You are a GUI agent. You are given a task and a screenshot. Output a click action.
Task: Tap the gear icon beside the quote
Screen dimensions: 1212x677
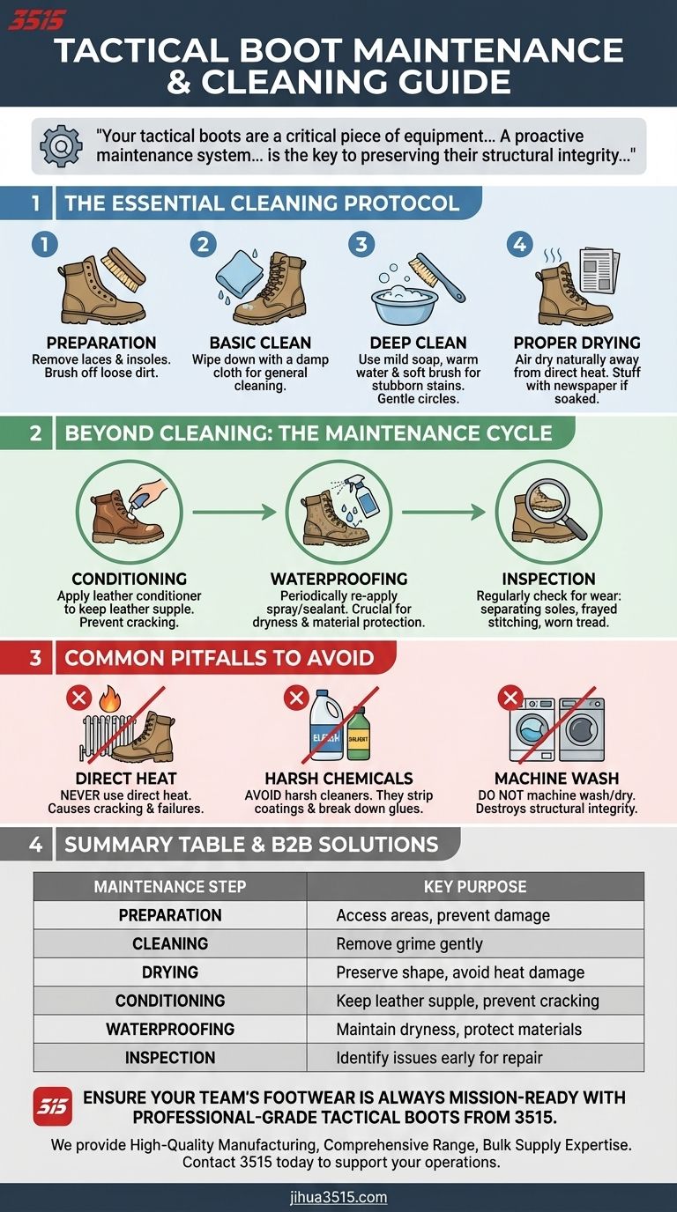click(61, 146)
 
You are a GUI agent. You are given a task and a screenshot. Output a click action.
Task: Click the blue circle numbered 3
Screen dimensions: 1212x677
click(360, 244)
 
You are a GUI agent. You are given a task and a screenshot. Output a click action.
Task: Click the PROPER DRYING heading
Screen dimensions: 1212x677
click(577, 343)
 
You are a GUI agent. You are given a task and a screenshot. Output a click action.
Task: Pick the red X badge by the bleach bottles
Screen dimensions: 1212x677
click(295, 699)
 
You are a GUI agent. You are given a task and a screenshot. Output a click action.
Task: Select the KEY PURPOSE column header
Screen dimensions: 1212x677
click(474, 886)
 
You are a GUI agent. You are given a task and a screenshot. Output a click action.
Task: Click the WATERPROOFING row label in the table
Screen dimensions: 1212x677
click(170, 1029)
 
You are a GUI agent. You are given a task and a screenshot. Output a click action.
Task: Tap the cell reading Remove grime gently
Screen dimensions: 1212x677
click(409, 943)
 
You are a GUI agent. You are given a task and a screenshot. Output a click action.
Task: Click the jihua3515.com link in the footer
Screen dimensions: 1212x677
click(338, 1197)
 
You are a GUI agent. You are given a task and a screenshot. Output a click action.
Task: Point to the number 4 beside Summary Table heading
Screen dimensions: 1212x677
click(35, 845)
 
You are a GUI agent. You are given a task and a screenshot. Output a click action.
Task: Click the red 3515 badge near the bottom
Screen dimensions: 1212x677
click(53, 1106)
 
